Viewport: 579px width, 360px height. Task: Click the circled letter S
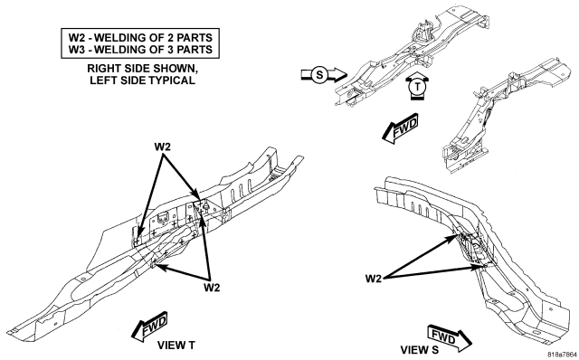[x=319, y=75]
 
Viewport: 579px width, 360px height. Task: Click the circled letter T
[x=417, y=87]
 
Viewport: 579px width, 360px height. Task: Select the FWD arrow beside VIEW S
[x=450, y=338]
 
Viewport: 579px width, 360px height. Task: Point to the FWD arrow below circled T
[x=400, y=128]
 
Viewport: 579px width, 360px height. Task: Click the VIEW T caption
[x=176, y=346]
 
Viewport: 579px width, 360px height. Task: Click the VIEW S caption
[x=420, y=350]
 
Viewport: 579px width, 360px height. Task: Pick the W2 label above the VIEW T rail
[x=163, y=147]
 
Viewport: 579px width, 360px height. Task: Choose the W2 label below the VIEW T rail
[x=212, y=288]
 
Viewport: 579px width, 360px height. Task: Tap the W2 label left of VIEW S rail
[x=374, y=279]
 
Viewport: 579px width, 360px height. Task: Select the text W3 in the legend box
[x=76, y=50]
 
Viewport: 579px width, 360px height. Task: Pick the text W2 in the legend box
[x=76, y=38]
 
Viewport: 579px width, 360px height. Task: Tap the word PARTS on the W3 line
[x=195, y=50]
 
